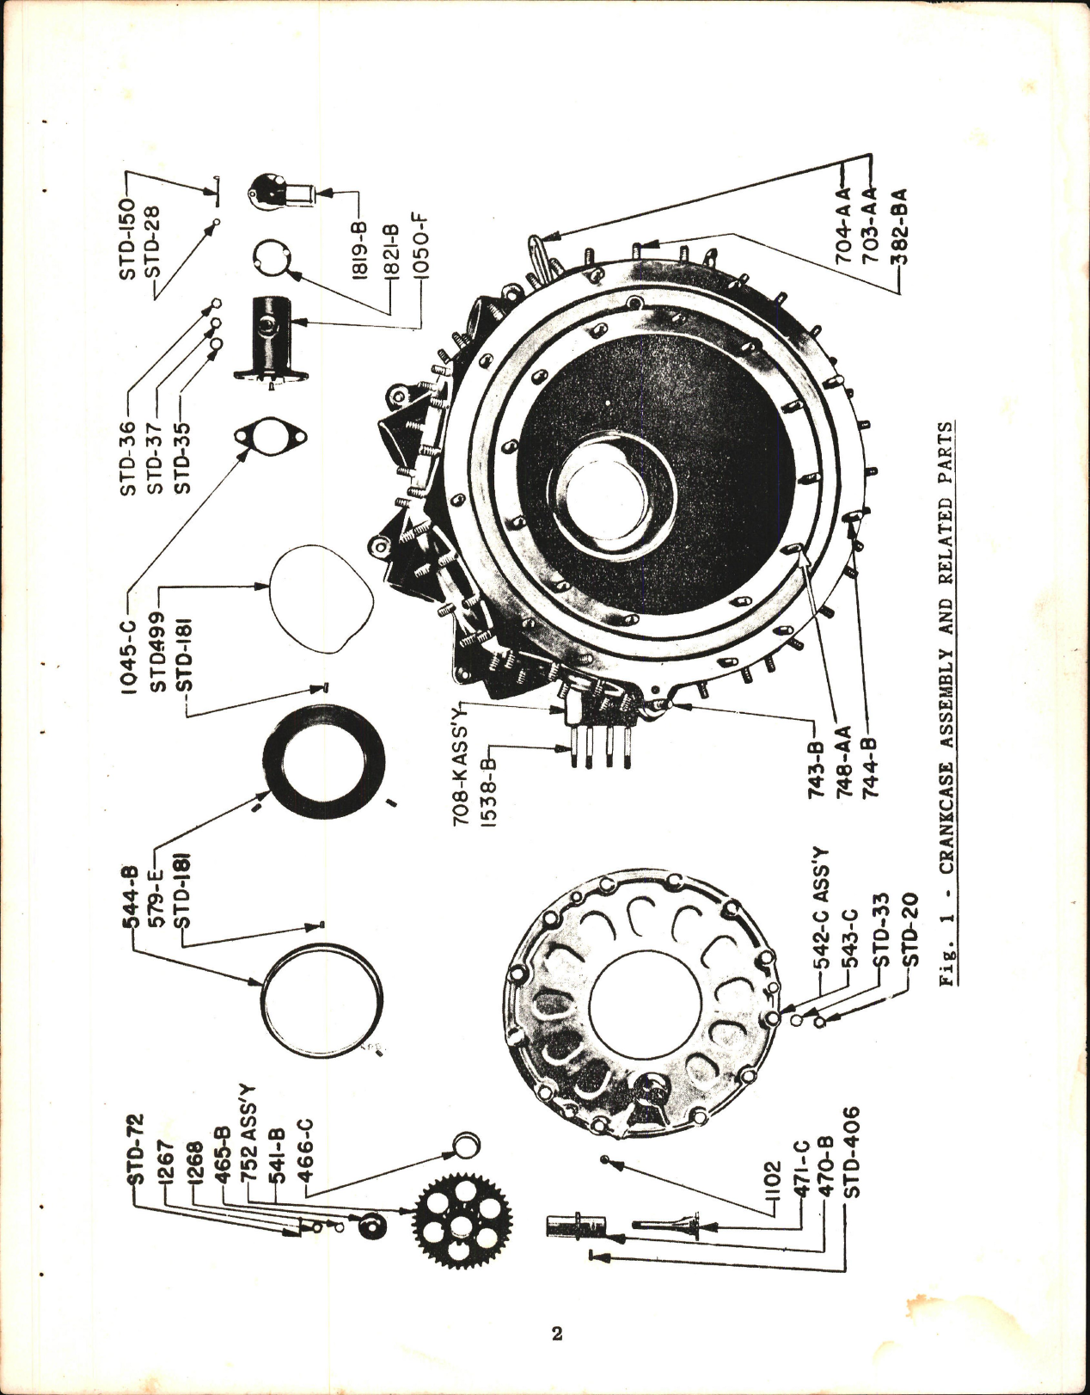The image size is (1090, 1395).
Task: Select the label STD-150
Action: (127, 238)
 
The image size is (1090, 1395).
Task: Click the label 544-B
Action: (128, 894)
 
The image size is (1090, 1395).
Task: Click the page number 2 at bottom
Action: (556, 1334)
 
